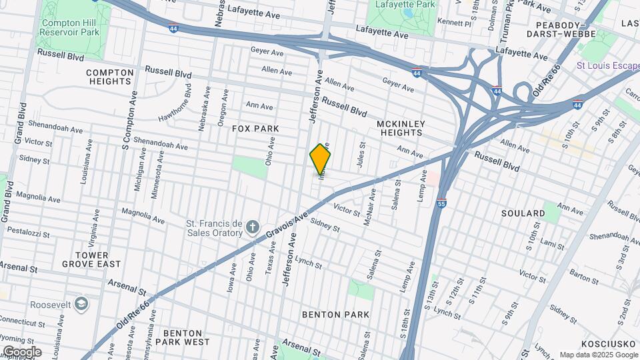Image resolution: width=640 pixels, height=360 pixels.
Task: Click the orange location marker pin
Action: (x=321, y=159)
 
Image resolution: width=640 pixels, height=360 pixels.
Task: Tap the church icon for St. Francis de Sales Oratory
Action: (x=252, y=228)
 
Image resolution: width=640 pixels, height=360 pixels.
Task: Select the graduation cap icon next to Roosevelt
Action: (x=81, y=304)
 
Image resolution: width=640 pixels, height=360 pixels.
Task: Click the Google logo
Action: (x=21, y=352)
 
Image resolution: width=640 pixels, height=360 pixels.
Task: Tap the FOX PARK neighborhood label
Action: (x=255, y=128)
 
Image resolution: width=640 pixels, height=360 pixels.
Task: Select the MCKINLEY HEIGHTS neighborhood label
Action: (x=400, y=128)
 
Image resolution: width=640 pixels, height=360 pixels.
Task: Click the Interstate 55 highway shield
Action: (x=442, y=203)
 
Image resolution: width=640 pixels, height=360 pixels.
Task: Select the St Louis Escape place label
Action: (x=607, y=65)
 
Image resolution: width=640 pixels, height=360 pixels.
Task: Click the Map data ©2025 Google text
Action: (x=598, y=355)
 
